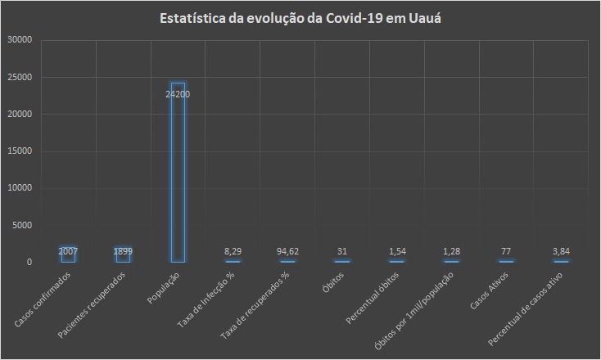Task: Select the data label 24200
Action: (178, 94)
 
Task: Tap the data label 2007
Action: (68, 250)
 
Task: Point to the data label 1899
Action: (123, 250)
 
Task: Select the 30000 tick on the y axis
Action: (19, 40)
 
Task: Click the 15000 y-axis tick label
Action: (19, 151)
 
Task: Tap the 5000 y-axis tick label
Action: (21, 225)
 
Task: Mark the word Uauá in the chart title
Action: (426, 18)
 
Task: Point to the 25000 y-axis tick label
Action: (19, 78)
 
